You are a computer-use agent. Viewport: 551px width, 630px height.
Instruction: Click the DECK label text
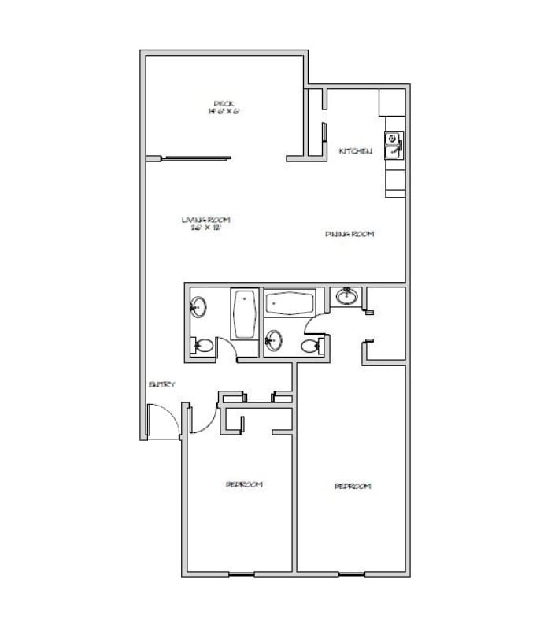[x=223, y=103]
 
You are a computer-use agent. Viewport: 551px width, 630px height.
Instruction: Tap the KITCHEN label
[x=355, y=150]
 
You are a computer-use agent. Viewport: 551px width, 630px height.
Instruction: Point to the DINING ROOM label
[x=349, y=234]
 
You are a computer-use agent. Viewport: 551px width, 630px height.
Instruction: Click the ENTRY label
[x=161, y=384]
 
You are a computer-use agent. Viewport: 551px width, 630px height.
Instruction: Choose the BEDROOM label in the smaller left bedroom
[x=244, y=484]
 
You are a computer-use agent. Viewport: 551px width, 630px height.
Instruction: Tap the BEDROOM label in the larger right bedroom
[x=353, y=487]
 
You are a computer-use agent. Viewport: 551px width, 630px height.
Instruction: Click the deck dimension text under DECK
[x=223, y=112]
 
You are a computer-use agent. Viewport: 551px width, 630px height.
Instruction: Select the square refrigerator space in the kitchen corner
[x=391, y=102]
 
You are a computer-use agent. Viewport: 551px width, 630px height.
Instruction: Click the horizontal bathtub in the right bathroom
[x=290, y=304]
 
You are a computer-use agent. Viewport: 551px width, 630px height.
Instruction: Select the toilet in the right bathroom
[x=309, y=345]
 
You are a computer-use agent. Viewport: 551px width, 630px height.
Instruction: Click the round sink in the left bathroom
[x=199, y=306]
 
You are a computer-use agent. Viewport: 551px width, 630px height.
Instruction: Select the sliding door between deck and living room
[x=197, y=157]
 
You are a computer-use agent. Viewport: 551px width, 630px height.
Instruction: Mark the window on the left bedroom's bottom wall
[x=242, y=572]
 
